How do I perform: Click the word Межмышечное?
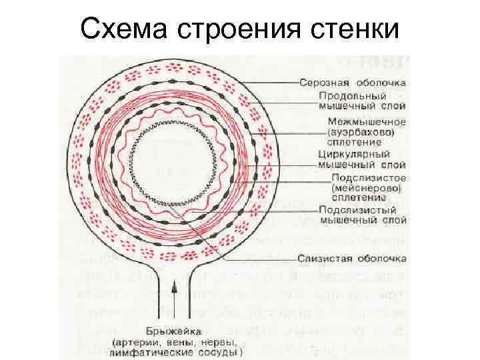coord(367,122)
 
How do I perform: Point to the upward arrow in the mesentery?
coord(171,293)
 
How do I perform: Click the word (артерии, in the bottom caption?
coord(136,342)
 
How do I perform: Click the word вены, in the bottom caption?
coord(175,342)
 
